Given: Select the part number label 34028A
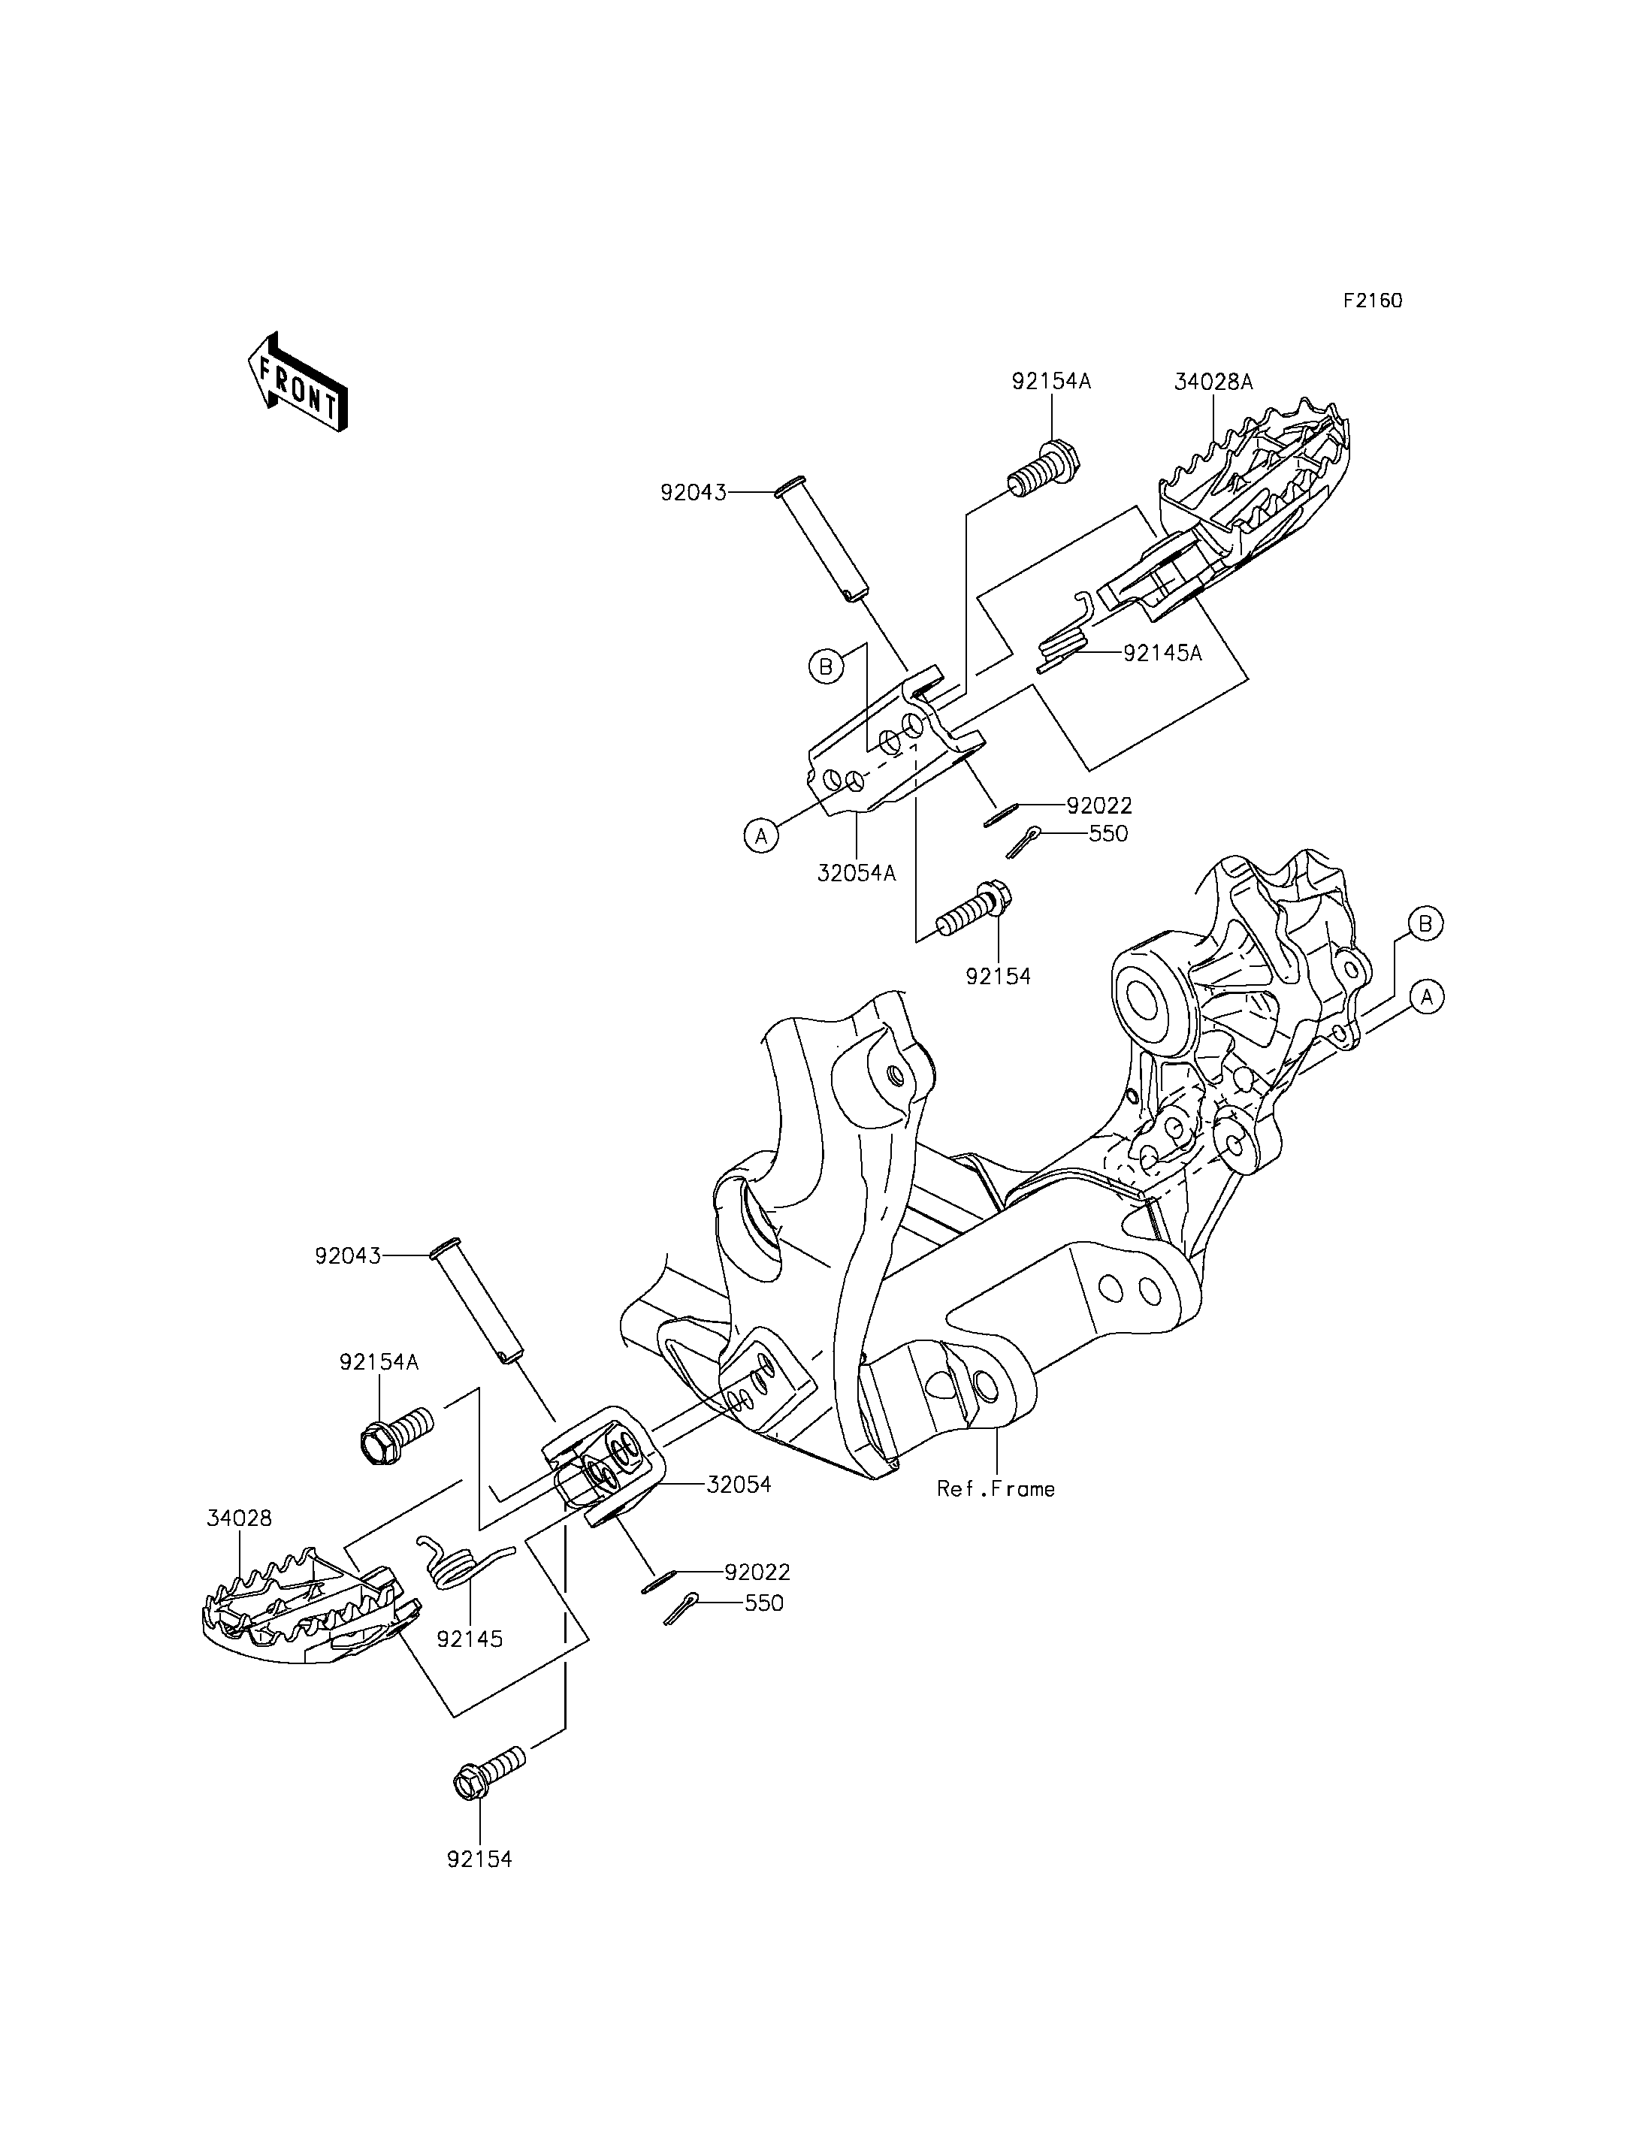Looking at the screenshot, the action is pyautogui.click(x=1213, y=382).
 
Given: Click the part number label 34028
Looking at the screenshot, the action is pyautogui.click(x=239, y=1518).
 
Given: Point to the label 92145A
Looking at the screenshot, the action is pyautogui.click(x=1162, y=653).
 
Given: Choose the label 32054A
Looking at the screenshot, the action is pyautogui.click(x=857, y=872).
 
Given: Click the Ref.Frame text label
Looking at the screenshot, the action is pyautogui.click(x=996, y=1488).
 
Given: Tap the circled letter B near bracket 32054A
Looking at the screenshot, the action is pyautogui.click(x=826, y=666).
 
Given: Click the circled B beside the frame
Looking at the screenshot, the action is pyautogui.click(x=1426, y=923).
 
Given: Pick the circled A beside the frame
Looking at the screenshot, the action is pyautogui.click(x=1428, y=997).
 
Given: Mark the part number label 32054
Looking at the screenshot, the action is pyautogui.click(x=739, y=1485).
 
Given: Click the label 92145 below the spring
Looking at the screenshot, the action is pyautogui.click(x=470, y=1639).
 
